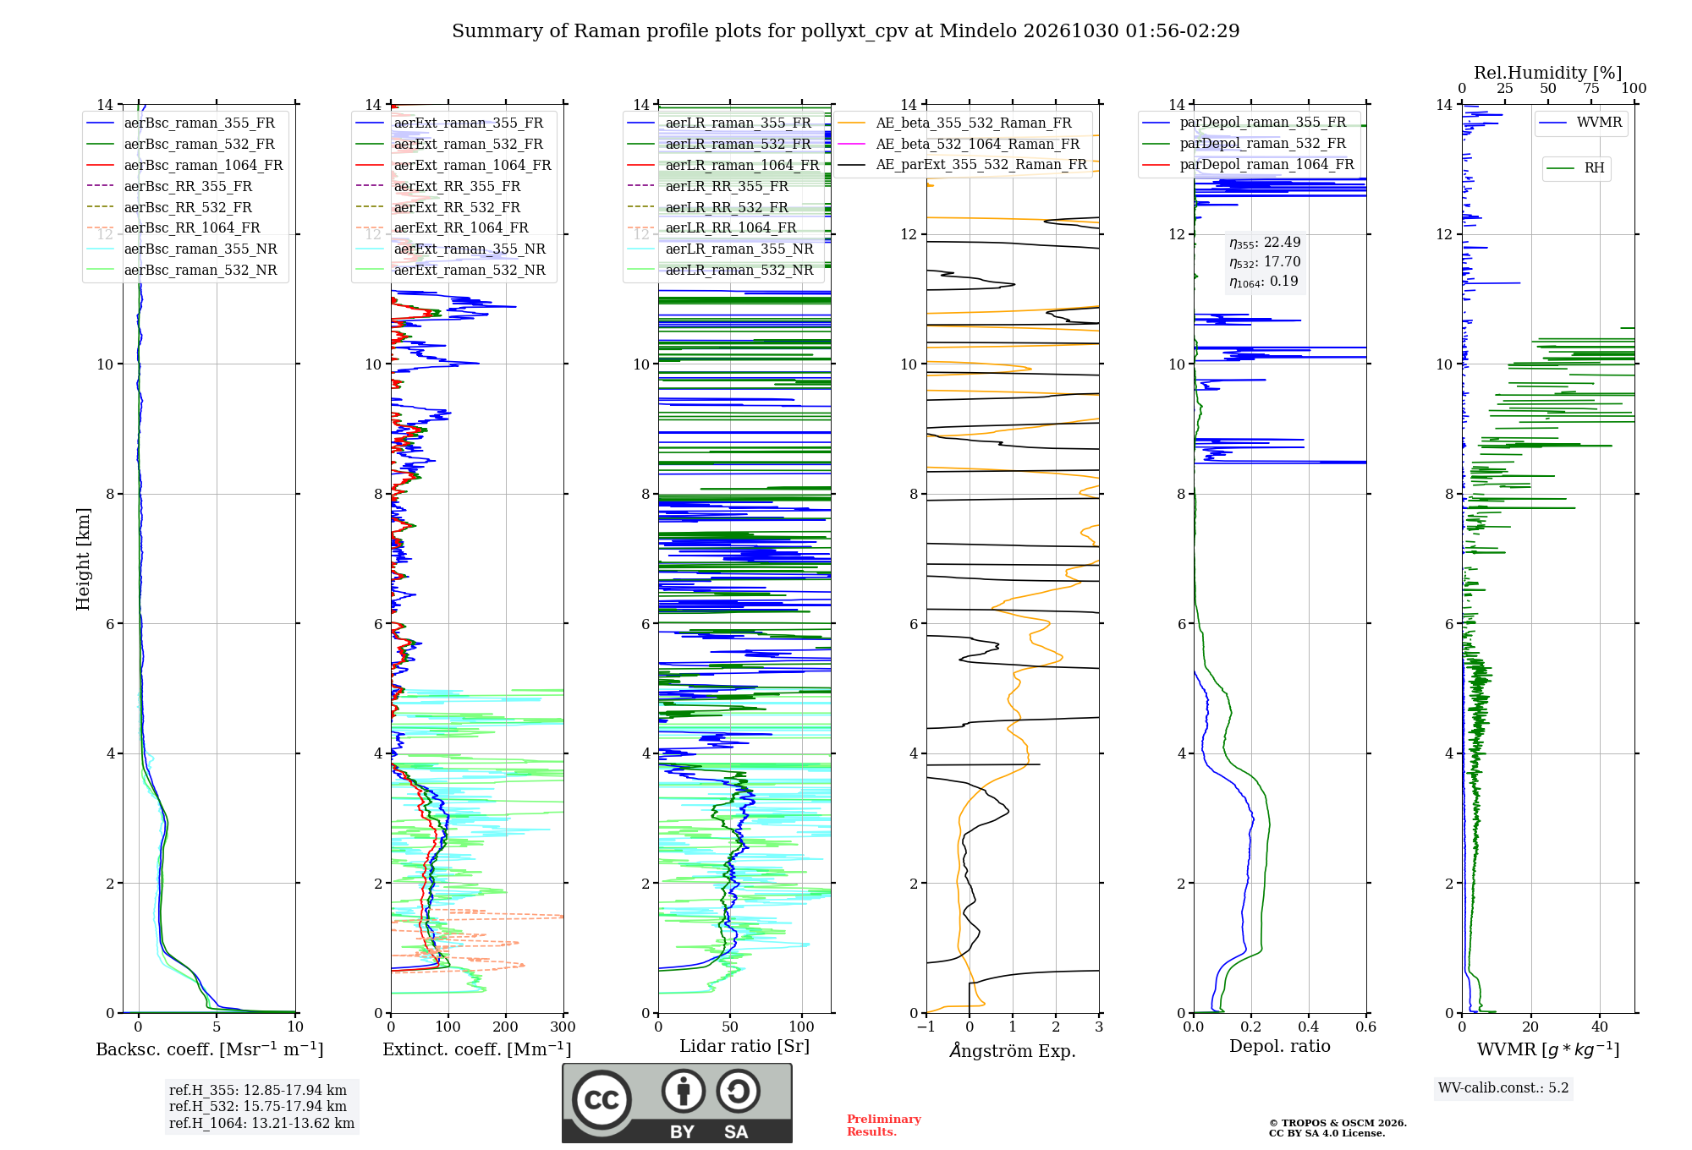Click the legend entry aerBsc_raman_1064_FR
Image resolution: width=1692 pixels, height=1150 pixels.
[x=184, y=165]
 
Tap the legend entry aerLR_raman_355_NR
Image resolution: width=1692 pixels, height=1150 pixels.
[x=720, y=249]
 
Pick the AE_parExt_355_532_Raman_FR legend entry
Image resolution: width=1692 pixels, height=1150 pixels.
[x=962, y=164]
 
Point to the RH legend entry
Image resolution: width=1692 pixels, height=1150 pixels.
[x=1575, y=168]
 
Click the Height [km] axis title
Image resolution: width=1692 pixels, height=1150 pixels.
[x=83, y=559]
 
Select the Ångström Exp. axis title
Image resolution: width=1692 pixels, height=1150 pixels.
[x=1013, y=1050]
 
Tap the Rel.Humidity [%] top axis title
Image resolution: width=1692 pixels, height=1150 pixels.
[x=1548, y=73]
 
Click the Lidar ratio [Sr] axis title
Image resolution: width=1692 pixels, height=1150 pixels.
[x=744, y=1046]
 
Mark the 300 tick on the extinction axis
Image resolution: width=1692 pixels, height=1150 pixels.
[x=563, y=1027]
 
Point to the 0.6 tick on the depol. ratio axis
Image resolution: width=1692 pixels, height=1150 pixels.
[x=1366, y=1027]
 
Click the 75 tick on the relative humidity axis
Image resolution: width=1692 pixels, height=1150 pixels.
[x=1591, y=89]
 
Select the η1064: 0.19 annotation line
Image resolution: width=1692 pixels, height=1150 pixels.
[x=1264, y=282]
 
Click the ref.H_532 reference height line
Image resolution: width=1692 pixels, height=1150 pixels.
[x=258, y=1106]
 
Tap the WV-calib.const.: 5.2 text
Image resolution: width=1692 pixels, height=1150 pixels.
[x=1503, y=1087]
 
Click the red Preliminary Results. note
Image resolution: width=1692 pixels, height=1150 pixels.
[x=884, y=1125]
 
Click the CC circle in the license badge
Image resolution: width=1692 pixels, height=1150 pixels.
[x=602, y=1100]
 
